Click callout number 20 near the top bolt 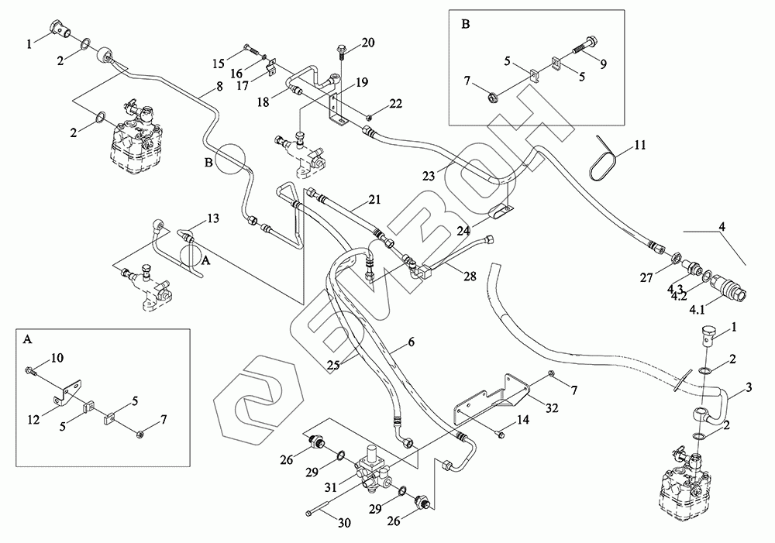pyautogui.click(x=367, y=42)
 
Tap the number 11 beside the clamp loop pyautogui.click(x=639, y=145)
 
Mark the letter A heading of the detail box pyautogui.click(x=29, y=339)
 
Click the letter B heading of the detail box pyautogui.click(x=466, y=23)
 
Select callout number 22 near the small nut pyautogui.click(x=395, y=104)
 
